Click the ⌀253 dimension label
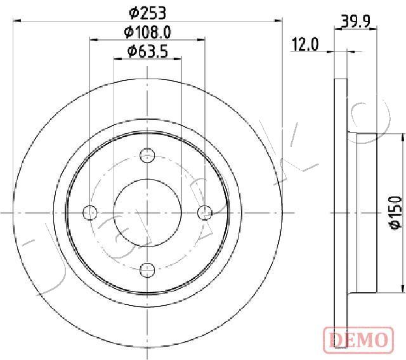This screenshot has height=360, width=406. (147, 13)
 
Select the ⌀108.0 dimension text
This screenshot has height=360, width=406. (147, 32)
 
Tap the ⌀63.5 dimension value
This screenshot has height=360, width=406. (148, 51)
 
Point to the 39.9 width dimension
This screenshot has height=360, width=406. (356, 22)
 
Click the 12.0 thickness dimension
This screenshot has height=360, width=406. (305, 44)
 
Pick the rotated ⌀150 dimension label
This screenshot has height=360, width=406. (396, 212)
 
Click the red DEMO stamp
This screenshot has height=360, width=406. (358, 338)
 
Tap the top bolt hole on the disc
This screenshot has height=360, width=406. (147, 156)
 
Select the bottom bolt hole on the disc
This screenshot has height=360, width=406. (147, 270)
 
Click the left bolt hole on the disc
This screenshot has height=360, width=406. (90, 213)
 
